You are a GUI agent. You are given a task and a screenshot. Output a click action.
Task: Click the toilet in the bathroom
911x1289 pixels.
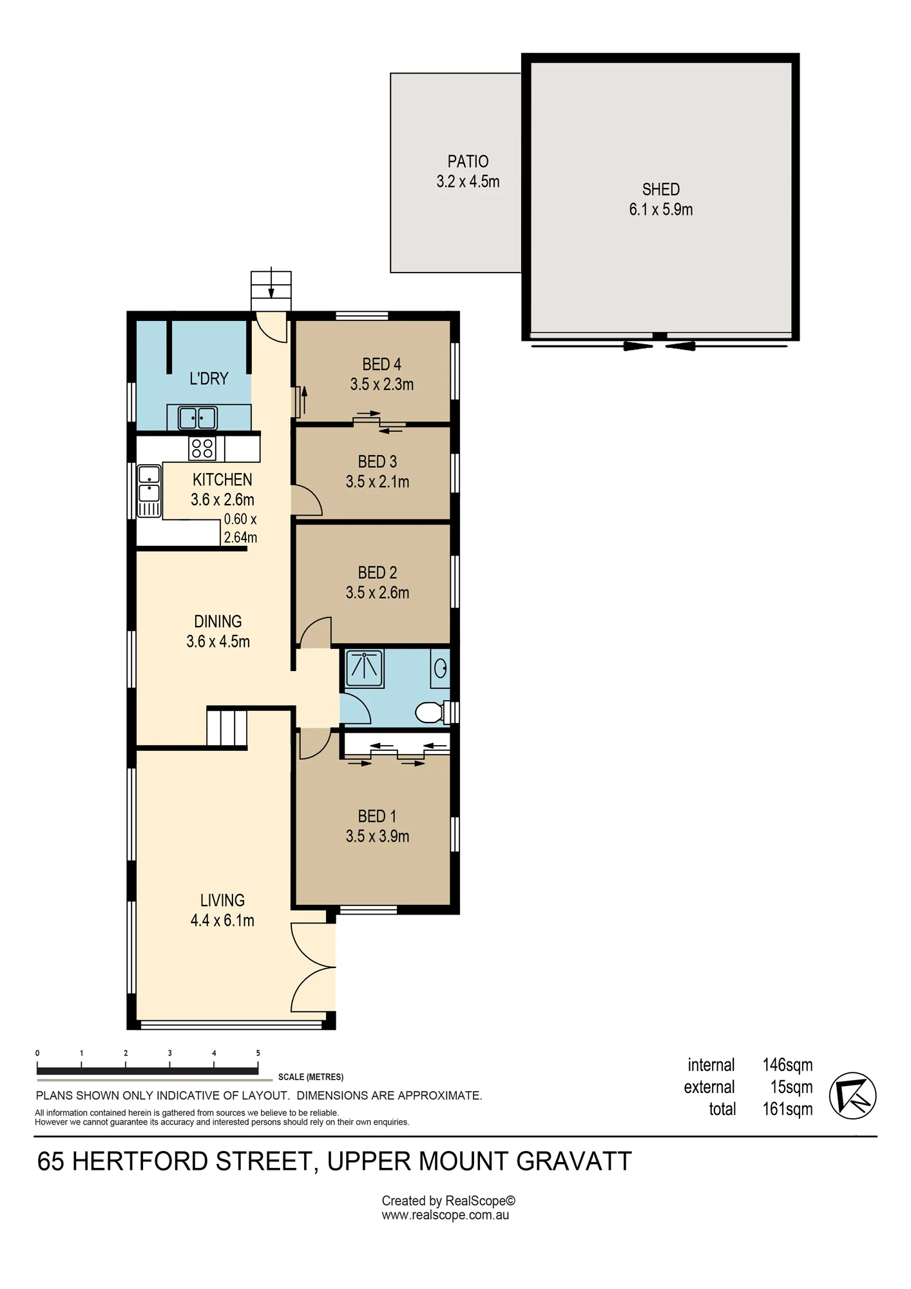(430, 712)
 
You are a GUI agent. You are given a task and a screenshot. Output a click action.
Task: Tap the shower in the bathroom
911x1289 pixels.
(365, 668)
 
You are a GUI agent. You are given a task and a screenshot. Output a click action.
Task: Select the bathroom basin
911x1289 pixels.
(441, 668)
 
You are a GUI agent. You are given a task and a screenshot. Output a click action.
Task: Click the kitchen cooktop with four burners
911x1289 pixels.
(202, 448)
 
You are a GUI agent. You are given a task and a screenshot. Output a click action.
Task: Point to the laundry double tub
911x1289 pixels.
(198, 418)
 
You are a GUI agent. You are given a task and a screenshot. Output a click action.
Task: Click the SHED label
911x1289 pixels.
(661, 189)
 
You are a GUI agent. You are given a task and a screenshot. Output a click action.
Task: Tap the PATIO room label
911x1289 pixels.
(468, 161)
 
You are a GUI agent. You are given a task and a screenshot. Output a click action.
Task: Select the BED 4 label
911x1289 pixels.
(381, 364)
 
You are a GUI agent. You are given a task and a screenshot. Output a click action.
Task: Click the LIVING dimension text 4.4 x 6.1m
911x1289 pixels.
(222, 920)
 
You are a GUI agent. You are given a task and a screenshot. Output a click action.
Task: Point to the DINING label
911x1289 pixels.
(218, 621)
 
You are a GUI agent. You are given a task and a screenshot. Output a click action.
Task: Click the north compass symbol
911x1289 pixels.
(852, 1096)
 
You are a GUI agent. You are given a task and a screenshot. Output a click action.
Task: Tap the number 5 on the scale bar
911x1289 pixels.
(258, 1053)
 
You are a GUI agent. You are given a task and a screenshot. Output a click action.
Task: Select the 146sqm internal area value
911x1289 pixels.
(787, 1065)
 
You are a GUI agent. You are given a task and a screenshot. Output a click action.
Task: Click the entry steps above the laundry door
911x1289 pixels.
(271, 292)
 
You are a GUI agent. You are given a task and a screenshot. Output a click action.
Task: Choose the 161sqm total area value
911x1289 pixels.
(787, 1109)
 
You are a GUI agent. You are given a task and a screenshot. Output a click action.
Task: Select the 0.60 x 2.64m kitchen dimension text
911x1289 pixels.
(240, 528)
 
